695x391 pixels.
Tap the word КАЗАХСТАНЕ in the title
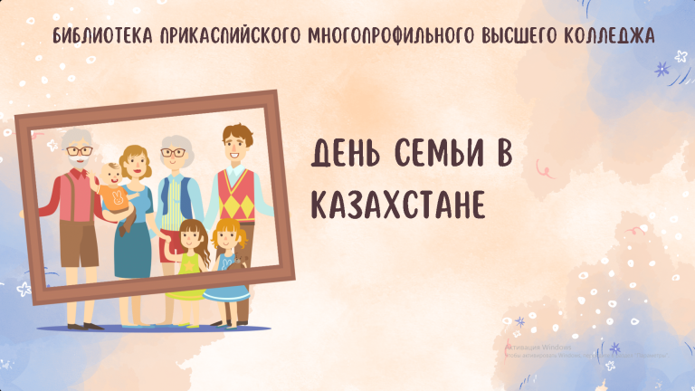399,205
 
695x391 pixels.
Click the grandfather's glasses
79,151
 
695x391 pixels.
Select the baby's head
112,175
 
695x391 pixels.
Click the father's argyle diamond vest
234,194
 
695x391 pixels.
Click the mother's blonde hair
133,155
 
